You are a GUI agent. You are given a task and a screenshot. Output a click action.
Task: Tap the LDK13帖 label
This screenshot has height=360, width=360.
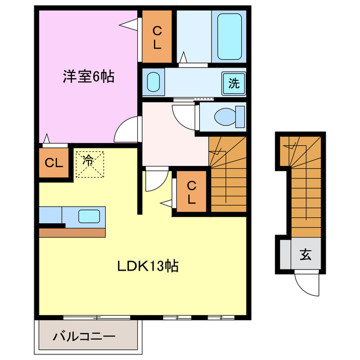pyautogui.click(x=147, y=266)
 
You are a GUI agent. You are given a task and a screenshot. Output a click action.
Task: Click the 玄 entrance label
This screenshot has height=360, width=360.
pyautogui.click(x=305, y=255)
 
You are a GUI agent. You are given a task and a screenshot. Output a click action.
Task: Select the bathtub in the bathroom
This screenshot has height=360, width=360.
pyautogui.click(x=229, y=37)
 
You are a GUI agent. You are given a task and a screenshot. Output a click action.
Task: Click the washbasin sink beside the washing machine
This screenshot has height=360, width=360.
pyautogui.click(x=154, y=83)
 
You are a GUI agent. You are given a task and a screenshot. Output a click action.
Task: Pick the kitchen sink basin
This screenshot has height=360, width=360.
pyautogui.click(x=89, y=215)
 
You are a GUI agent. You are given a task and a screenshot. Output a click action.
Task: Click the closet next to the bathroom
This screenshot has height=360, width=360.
pyautogui.click(x=157, y=37)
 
